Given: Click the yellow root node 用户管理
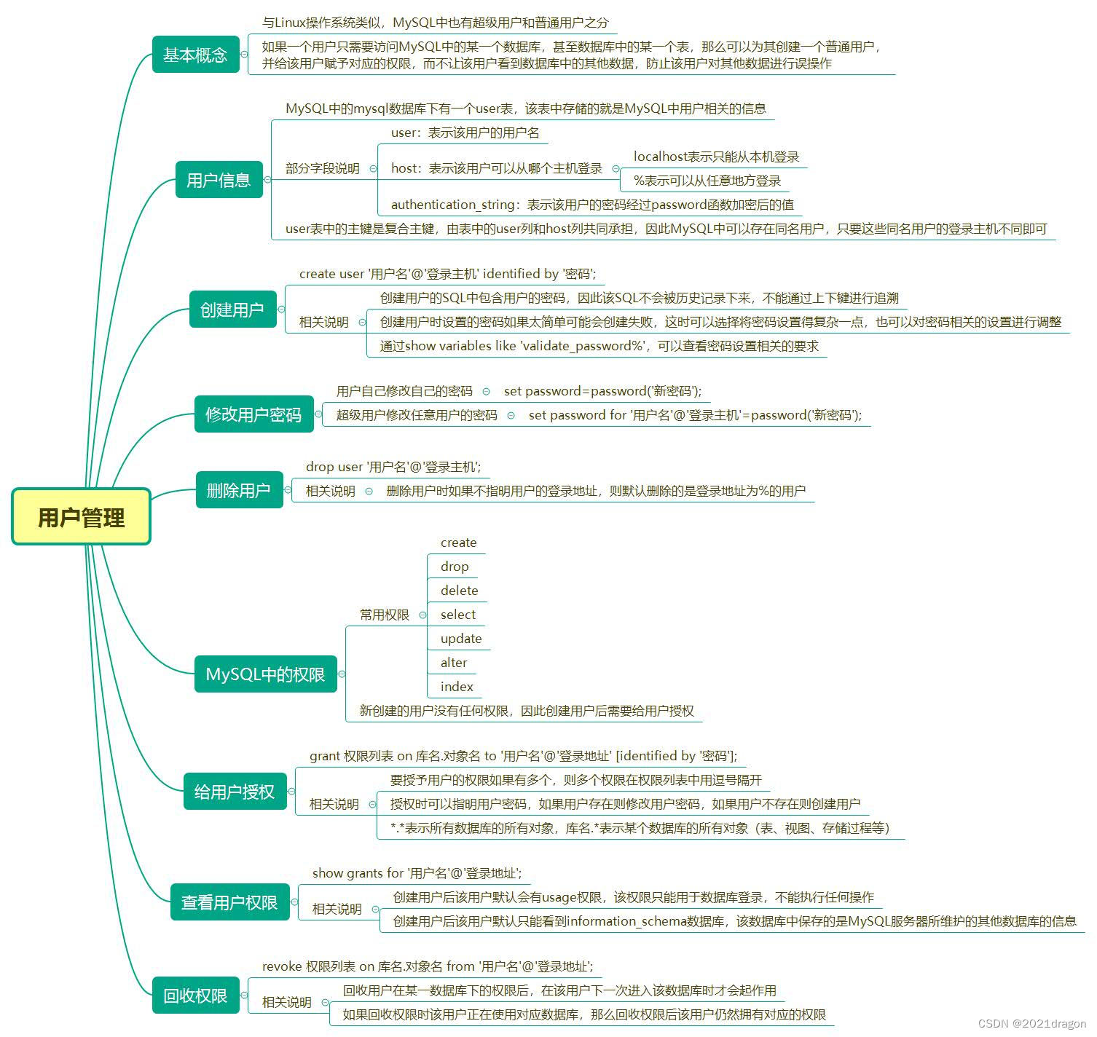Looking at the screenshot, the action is (x=81, y=517).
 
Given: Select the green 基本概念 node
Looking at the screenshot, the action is (x=195, y=55).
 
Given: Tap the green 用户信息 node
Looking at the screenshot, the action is (x=219, y=180).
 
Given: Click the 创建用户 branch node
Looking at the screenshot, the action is (x=232, y=309).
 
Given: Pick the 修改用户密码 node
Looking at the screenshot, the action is (x=253, y=414).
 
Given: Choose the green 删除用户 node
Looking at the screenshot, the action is (x=239, y=490).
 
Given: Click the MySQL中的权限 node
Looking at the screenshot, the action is (x=265, y=674).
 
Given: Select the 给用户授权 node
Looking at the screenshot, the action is (x=235, y=792).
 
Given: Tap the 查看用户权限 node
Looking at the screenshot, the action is (x=229, y=902).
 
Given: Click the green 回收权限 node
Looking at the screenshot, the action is (x=195, y=995).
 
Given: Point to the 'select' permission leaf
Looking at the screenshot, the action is (x=457, y=615).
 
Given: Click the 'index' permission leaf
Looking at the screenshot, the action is (x=457, y=687).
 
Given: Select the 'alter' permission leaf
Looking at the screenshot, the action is (x=454, y=663).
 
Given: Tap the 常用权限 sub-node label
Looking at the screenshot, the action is (x=384, y=615).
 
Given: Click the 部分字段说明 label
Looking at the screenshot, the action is (x=322, y=168).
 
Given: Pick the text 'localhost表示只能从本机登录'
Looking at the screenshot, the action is (x=716, y=157).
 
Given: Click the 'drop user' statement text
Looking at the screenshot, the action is (x=393, y=467).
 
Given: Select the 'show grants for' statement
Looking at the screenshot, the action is (x=417, y=873).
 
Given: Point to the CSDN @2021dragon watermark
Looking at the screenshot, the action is (x=1031, y=1023).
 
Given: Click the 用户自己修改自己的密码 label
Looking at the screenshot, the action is (x=404, y=391).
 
